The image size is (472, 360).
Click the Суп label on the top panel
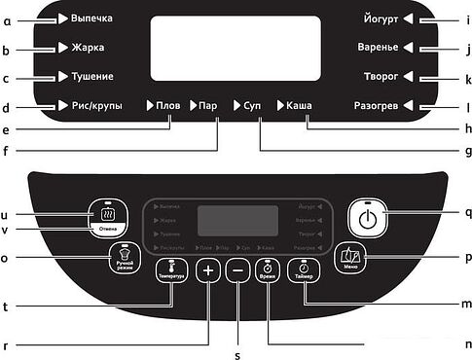tap(252, 105)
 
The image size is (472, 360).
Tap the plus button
tap(206, 272)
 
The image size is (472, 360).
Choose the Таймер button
tap(304, 272)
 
